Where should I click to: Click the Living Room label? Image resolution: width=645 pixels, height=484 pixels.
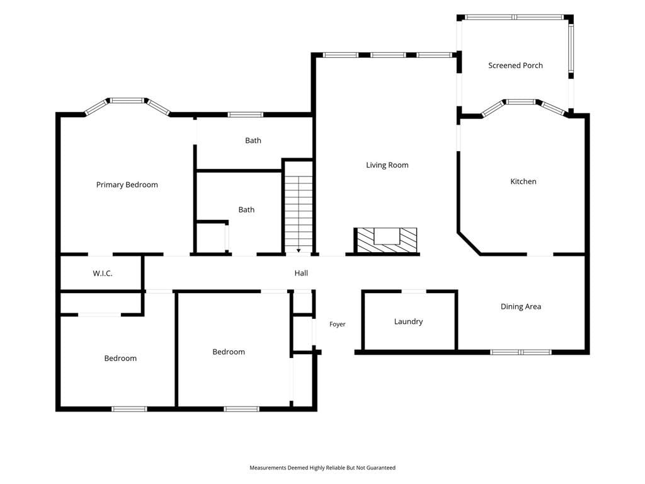pos(387,165)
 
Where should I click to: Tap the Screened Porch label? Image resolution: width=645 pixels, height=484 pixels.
pos(515,66)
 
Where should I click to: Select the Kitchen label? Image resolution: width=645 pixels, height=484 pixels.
pos(523,181)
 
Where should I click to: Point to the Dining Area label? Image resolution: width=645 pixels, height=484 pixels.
pos(521,307)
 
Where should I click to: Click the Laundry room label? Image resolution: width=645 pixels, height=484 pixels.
pos(408,321)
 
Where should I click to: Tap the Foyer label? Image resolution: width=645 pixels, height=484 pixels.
pos(338,325)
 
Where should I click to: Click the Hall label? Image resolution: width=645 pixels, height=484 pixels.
pos(301,273)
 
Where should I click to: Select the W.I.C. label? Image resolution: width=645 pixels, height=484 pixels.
pos(103,274)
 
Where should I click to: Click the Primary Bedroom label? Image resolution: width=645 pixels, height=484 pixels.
pos(127,185)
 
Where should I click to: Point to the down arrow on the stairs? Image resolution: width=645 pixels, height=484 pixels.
pos(299,250)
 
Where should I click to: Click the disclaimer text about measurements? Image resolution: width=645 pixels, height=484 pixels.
pos(322,468)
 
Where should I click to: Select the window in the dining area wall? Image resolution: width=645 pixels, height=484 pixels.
pos(521,352)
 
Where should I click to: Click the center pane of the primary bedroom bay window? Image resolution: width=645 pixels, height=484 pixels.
pos(127,100)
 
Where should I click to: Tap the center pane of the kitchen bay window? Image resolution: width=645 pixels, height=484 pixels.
pos(521,101)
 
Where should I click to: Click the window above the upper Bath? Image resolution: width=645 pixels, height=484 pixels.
pos(246,115)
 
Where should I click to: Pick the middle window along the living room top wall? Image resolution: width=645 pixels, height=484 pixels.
pos(388,55)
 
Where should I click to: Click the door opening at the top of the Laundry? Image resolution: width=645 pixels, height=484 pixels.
pos(414,291)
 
